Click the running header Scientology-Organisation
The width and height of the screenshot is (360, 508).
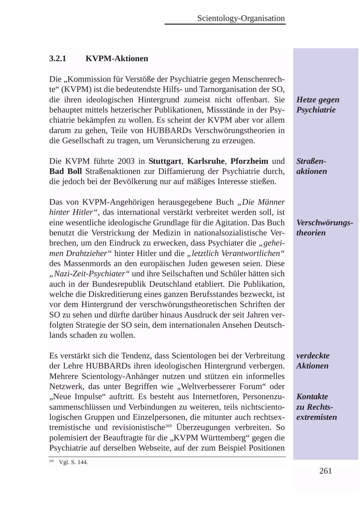pyautogui.click(x=241, y=18)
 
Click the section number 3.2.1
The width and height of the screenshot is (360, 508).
pyautogui.click(x=58, y=59)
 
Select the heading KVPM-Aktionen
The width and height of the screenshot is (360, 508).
pyautogui.click(x=116, y=59)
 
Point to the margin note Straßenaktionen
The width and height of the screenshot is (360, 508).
pyautogui.click(x=312, y=166)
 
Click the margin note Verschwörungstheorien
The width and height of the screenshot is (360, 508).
pyautogui.click(x=324, y=227)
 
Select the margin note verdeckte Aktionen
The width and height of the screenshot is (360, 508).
pyautogui.click(x=312, y=361)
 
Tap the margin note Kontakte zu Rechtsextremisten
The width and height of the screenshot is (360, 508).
pyautogui.click(x=316, y=407)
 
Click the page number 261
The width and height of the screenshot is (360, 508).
pyautogui.click(x=326, y=471)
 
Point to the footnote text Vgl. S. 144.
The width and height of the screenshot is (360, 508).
pyautogui.click(x=73, y=462)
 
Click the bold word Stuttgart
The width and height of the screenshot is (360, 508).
pyautogui.click(x=164, y=161)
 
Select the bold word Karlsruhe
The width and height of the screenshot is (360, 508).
pyautogui.click(x=206, y=161)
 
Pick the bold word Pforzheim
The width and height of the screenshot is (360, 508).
pyautogui.click(x=249, y=161)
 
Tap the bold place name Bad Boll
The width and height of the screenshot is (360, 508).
pyautogui.click(x=65, y=171)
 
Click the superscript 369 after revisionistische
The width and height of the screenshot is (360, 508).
pyautogui.click(x=168, y=426)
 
